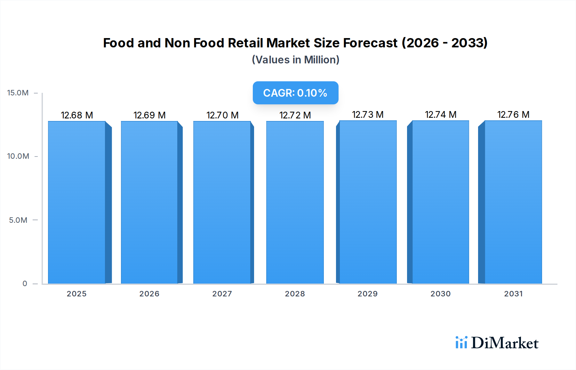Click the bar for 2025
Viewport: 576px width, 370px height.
(77, 202)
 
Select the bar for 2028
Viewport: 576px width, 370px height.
(295, 202)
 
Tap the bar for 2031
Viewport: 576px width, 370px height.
(513, 202)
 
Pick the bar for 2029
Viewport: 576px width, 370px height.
(368, 202)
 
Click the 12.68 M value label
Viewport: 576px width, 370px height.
(77, 115)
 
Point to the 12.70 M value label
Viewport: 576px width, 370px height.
(222, 115)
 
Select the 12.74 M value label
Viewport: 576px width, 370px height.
(441, 115)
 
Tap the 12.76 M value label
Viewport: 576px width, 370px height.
(513, 115)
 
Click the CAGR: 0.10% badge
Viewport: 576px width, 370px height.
(295, 93)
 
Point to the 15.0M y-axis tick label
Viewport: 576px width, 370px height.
(18, 93)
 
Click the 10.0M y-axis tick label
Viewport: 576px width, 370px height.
(18, 156)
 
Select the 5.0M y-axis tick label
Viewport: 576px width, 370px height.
(18, 220)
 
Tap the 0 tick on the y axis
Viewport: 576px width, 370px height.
(25, 284)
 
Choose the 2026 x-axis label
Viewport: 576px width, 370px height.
(149, 294)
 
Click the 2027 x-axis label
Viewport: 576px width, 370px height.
(222, 294)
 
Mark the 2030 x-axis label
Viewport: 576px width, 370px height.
(440, 294)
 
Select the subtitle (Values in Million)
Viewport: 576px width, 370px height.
(295, 60)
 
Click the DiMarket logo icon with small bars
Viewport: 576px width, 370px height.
(461, 342)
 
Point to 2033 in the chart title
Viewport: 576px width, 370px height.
(469, 43)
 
